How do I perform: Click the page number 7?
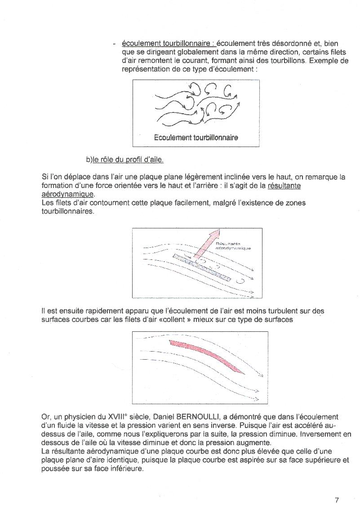(x=337, y=500)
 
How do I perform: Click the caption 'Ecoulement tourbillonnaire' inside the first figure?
(x=196, y=137)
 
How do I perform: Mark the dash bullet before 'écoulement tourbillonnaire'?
(x=115, y=44)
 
